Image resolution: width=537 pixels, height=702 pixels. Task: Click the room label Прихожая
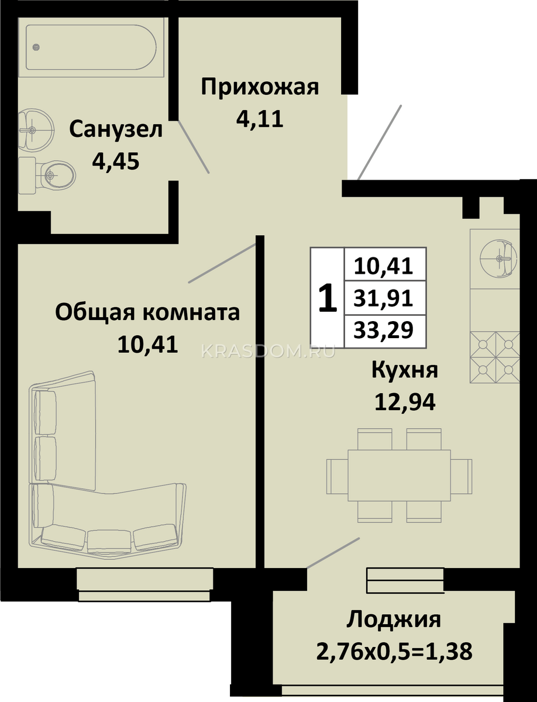(260, 88)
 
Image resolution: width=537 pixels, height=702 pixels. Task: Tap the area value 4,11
(260, 119)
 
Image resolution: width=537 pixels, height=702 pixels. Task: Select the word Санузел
(116, 130)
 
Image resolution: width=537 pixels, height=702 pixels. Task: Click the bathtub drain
(36, 47)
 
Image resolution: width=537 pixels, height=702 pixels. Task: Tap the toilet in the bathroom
(47, 175)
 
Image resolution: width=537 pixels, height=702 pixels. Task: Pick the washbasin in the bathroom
(36, 130)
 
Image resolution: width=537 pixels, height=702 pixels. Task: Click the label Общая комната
(147, 312)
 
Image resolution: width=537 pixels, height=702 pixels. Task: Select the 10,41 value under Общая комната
(147, 344)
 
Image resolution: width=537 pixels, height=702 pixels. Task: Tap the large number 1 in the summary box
(328, 299)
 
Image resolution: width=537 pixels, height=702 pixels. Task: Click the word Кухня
(405, 371)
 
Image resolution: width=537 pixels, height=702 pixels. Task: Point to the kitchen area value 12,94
(405, 402)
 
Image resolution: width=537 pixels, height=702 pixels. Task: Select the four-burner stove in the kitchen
(495, 357)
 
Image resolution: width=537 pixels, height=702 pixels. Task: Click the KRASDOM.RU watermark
(268, 352)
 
